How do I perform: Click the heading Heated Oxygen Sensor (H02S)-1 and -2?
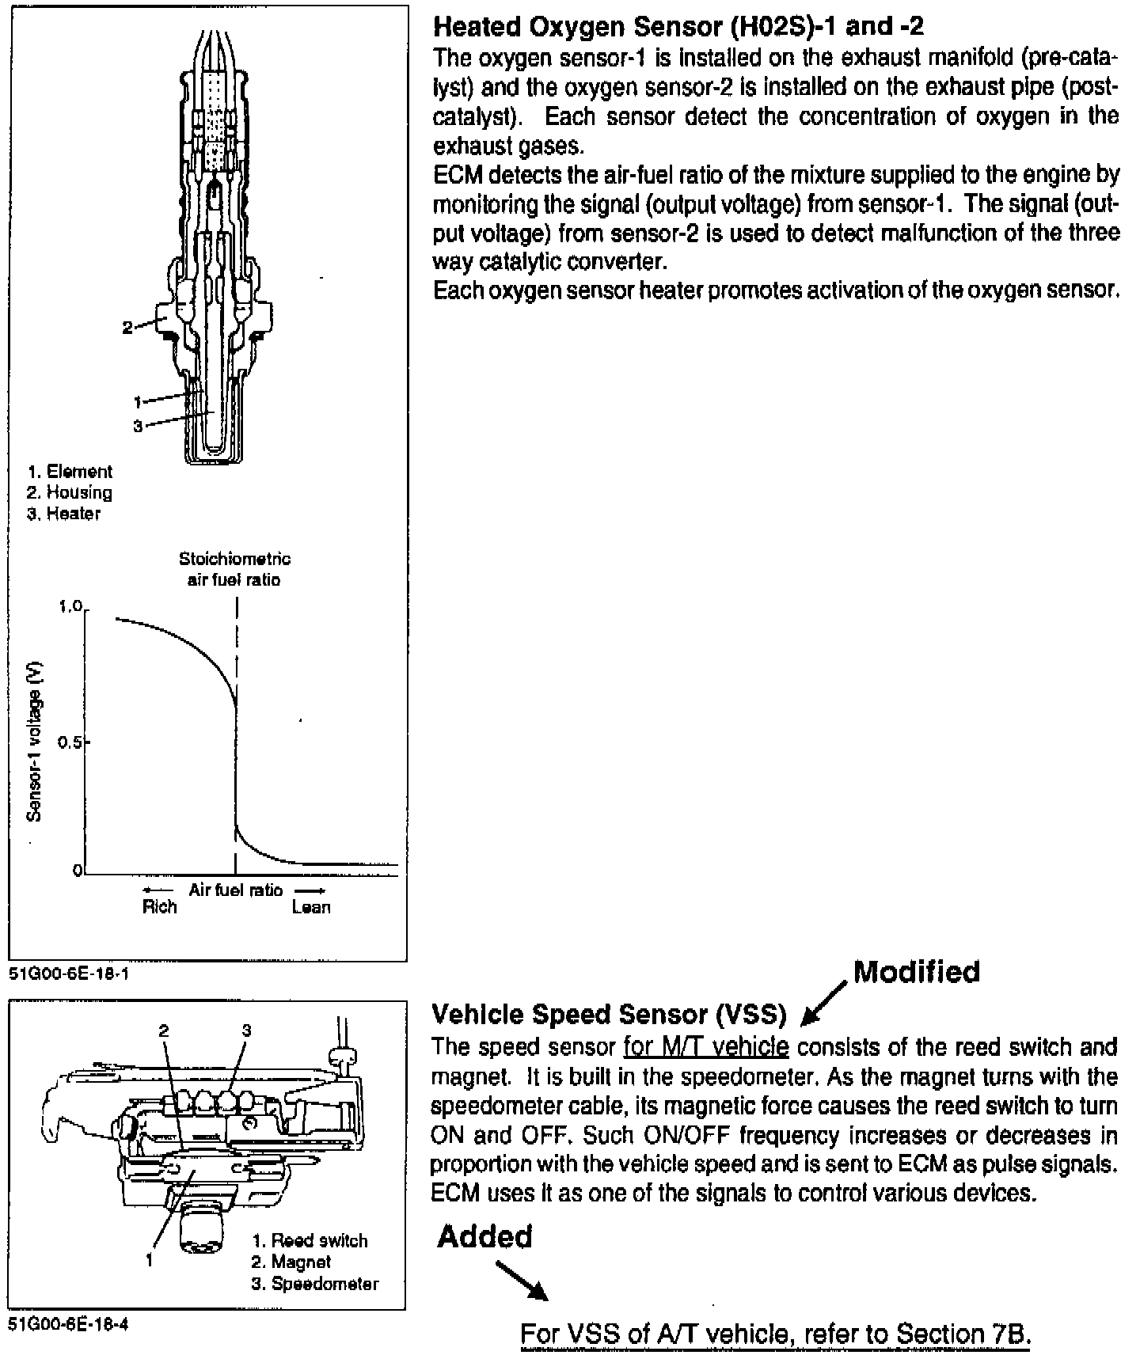tap(678, 28)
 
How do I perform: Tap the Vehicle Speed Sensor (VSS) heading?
tap(609, 1014)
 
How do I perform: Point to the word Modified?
tap(917, 972)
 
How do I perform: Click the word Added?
tap(484, 1236)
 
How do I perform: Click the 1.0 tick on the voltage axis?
tap(71, 608)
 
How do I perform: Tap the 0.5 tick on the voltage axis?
tap(71, 743)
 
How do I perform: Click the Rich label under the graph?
tap(159, 907)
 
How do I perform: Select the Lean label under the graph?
tap(310, 907)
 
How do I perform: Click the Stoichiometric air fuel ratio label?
tap(234, 569)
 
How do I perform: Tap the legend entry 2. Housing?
tap(69, 492)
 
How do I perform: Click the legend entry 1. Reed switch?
tap(310, 1240)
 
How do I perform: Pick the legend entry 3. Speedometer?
tap(315, 1284)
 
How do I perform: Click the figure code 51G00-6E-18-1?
tap(68, 974)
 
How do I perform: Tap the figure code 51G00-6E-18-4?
tap(68, 1325)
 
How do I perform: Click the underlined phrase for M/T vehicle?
tap(706, 1047)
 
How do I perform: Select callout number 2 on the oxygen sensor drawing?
tap(127, 327)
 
